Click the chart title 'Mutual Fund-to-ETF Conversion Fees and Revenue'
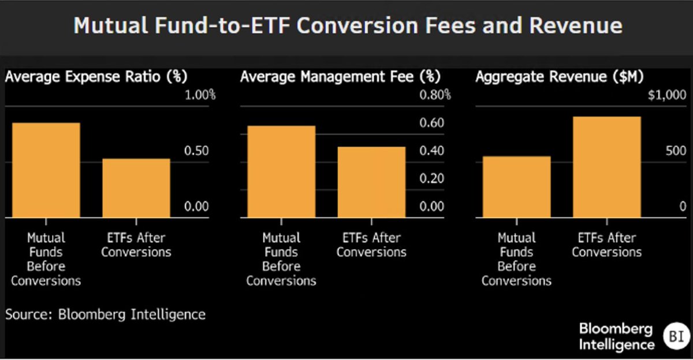pyautogui.click(x=348, y=25)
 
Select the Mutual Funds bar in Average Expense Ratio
pyautogui.click(x=46, y=170)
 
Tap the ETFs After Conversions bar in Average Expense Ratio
pyautogui.click(x=136, y=188)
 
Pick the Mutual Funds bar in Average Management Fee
pyautogui.click(x=281, y=172)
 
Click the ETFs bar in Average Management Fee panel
pyautogui.click(x=371, y=183)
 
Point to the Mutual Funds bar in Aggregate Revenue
pyautogui.click(x=517, y=187)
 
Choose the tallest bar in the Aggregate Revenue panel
pyautogui.click(x=607, y=167)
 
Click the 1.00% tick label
pyautogui.click(x=200, y=95)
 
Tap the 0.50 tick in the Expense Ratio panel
pyautogui.click(x=196, y=151)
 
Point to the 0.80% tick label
pyautogui.click(x=435, y=95)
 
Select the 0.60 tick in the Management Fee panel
pyautogui.click(x=431, y=123)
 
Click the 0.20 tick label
pyautogui.click(x=431, y=179)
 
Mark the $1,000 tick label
pyautogui.click(x=667, y=95)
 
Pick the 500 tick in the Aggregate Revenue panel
pyautogui.click(x=676, y=151)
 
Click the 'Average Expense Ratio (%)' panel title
pyautogui.click(x=96, y=76)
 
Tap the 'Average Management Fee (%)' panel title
pyautogui.click(x=340, y=76)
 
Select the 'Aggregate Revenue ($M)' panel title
pyautogui.click(x=560, y=76)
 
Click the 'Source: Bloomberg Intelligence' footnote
pyautogui.click(x=105, y=314)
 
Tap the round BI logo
pyautogui.click(x=677, y=336)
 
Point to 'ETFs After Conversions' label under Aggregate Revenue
pyautogui.click(x=607, y=245)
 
